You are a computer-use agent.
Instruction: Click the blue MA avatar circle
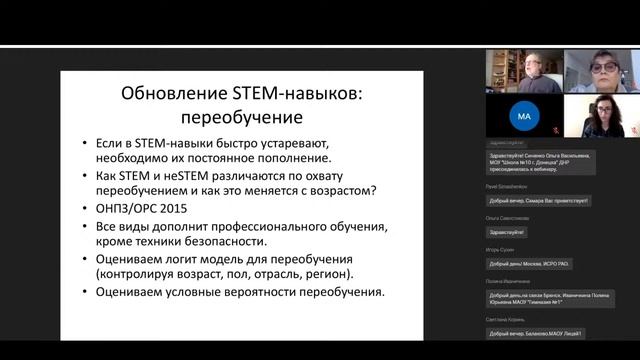point(524,116)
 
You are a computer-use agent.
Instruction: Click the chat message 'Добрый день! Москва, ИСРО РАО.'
point(530,263)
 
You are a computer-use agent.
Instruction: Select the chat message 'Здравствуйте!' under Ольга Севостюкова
point(506,229)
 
